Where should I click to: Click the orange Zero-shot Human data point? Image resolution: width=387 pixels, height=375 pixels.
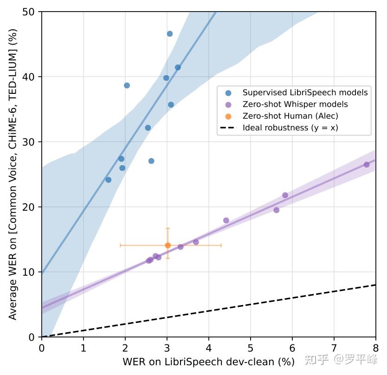[168, 245]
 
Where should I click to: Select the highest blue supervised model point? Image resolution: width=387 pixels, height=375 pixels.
[170, 34]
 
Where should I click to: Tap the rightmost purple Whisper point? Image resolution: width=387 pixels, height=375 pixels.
[367, 165]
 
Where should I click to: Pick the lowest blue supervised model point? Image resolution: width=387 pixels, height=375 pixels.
[109, 180]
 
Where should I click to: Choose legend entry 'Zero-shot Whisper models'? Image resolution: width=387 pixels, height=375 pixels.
[295, 104]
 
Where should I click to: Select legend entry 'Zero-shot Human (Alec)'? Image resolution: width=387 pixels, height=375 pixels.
[290, 116]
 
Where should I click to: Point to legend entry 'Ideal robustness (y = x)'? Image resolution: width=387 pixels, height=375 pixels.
[290, 128]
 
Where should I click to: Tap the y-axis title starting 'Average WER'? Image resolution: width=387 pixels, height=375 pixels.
[13, 174]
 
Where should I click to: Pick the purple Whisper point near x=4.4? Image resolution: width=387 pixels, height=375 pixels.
[226, 220]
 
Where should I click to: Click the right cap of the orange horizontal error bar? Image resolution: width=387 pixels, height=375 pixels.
[221, 245]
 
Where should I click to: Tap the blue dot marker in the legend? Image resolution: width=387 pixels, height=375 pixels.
[228, 92]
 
